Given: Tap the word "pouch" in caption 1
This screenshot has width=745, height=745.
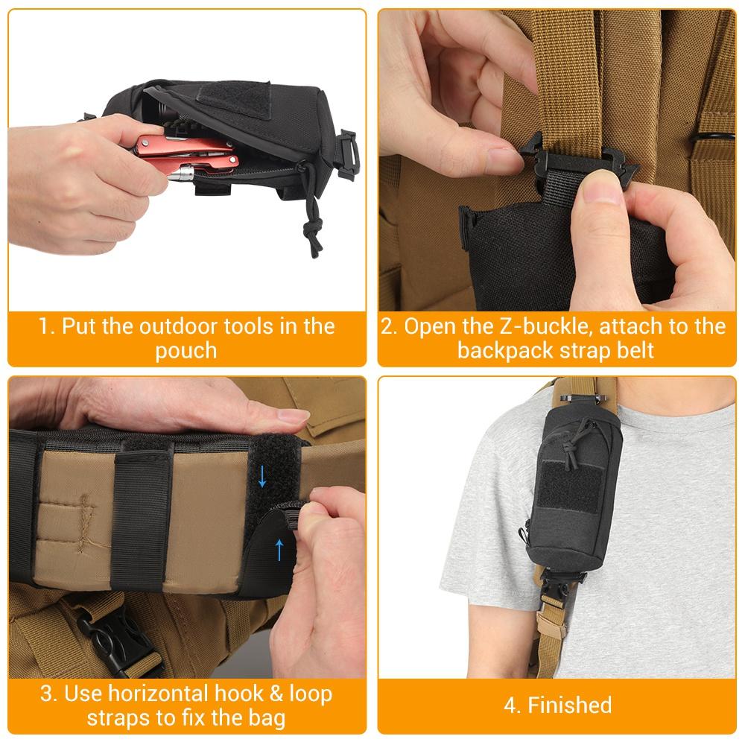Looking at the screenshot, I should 186,351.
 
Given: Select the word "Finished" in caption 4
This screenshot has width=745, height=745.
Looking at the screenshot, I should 569,705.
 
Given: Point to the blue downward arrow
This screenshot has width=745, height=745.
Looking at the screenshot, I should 262,477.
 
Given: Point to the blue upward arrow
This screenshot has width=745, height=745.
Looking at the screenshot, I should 280,550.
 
